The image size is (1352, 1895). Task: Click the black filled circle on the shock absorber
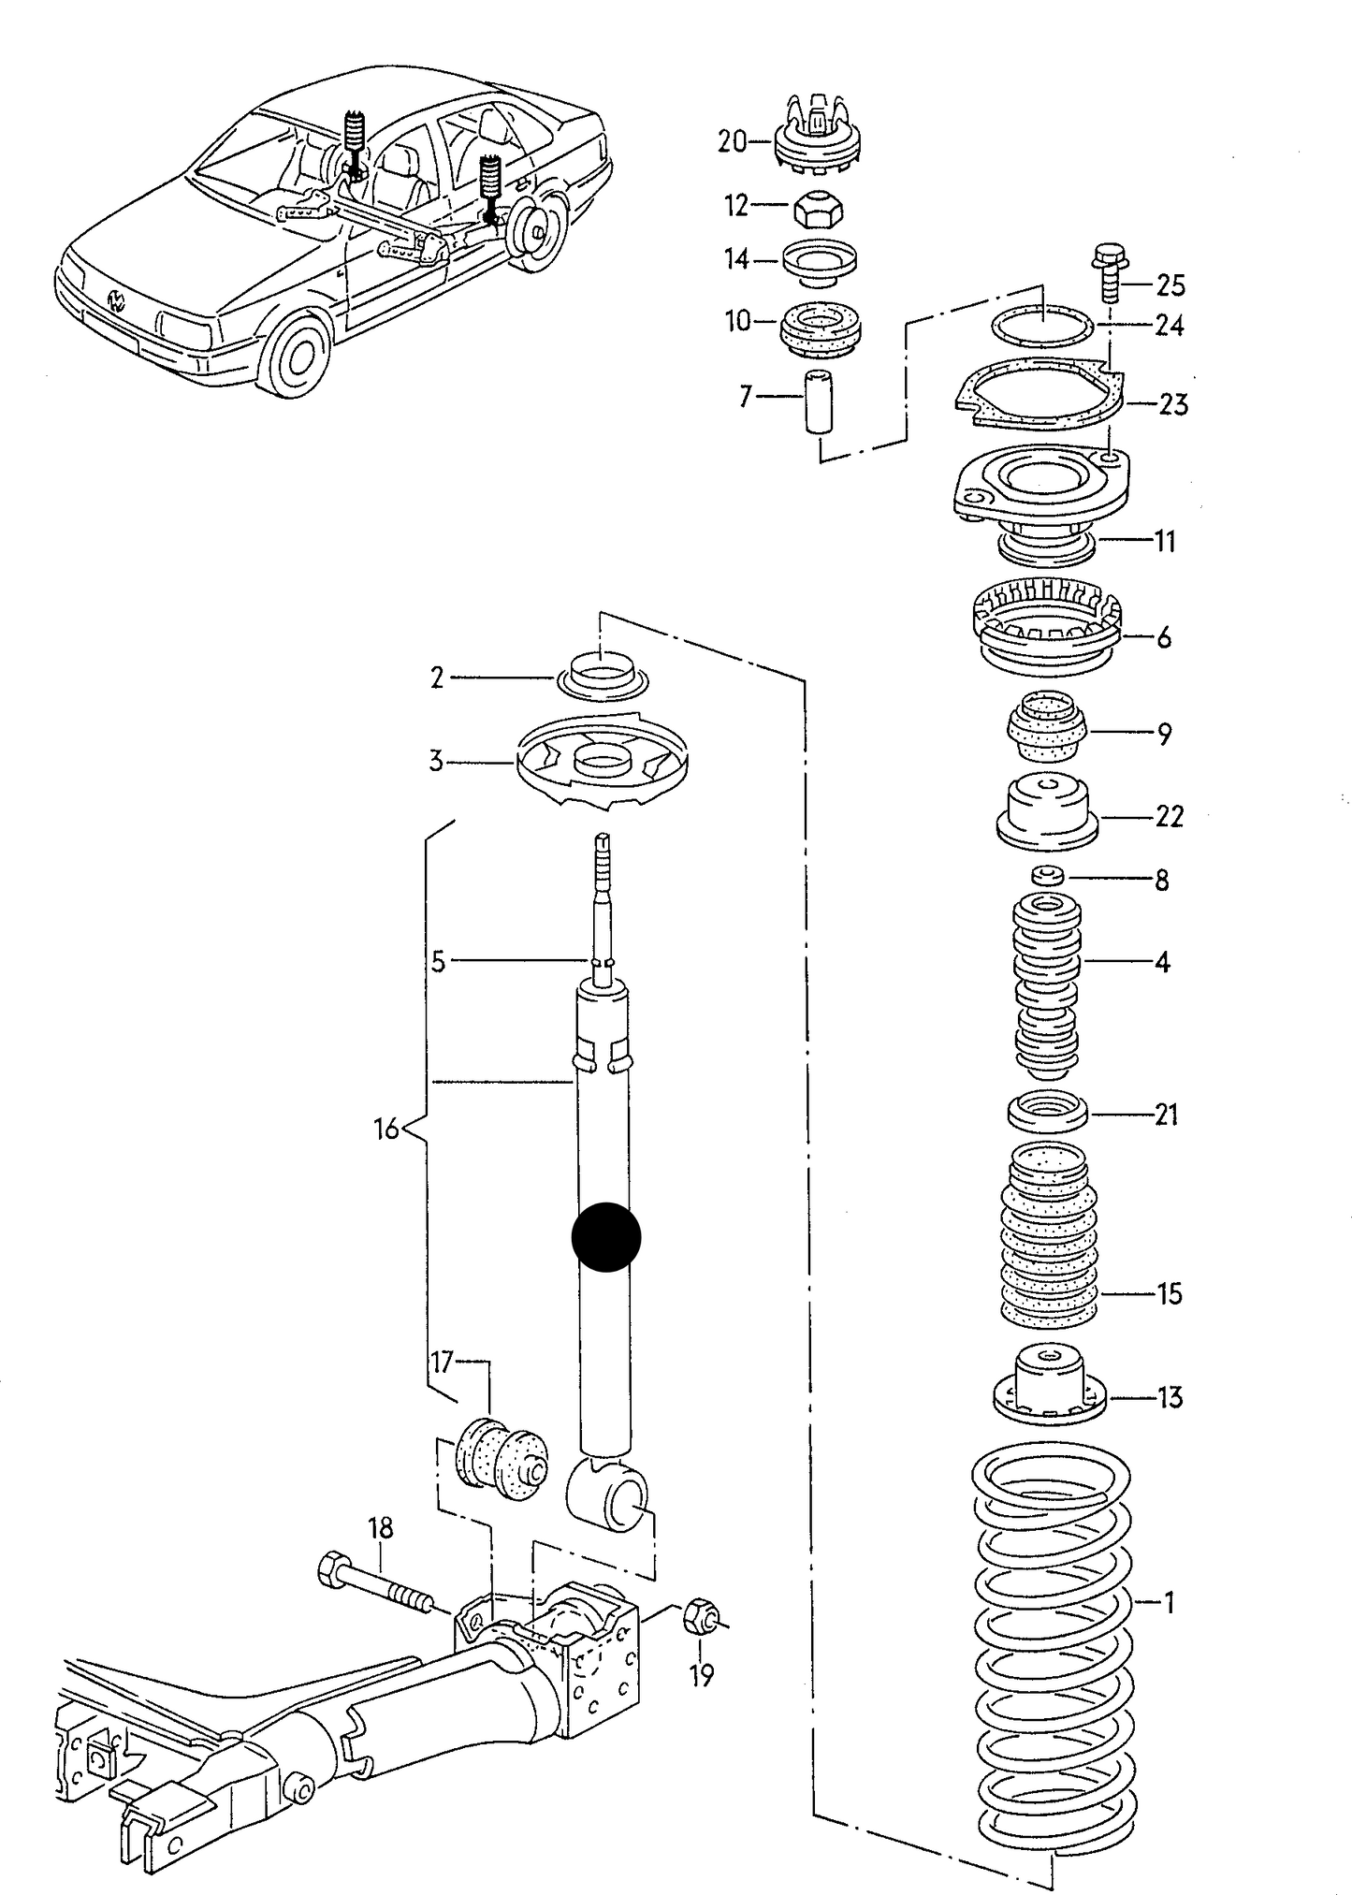pos(605,1236)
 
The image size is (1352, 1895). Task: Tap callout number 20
pos(732,142)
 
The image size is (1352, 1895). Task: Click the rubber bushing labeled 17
pos(500,1464)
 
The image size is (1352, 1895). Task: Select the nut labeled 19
pos(701,1616)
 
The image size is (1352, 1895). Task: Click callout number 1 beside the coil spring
pos(1169,1603)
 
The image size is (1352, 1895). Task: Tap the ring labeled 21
pos(1047,1112)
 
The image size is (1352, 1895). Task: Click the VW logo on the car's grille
pos(117,301)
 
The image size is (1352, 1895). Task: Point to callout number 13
pos(1170,1398)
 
